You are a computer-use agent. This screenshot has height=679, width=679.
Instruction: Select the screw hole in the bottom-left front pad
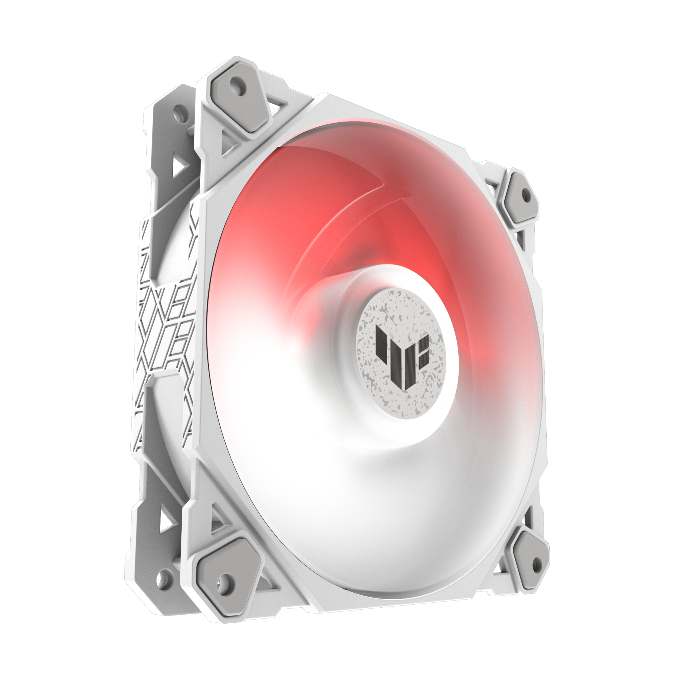click(x=223, y=580)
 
